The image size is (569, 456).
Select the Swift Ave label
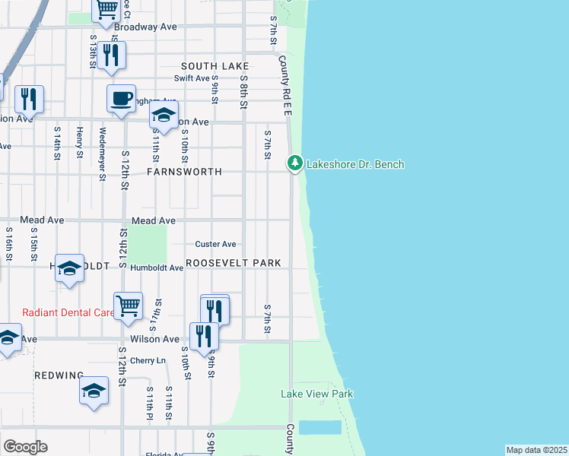click(x=192, y=78)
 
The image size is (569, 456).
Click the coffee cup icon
click(x=121, y=99)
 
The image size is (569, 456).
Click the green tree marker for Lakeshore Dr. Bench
click(x=294, y=163)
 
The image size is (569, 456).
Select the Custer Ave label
click(x=216, y=244)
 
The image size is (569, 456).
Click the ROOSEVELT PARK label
click(x=234, y=263)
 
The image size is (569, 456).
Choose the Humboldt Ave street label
click(x=156, y=268)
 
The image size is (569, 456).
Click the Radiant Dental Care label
click(x=68, y=312)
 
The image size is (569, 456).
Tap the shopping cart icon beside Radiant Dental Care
click(x=128, y=306)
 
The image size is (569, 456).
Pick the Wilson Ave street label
click(x=154, y=339)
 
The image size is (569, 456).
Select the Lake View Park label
click(x=317, y=394)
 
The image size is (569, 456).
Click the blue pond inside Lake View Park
click(x=319, y=427)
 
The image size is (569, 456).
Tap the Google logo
click(x=25, y=447)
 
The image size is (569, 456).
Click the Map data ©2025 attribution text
click(x=536, y=450)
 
